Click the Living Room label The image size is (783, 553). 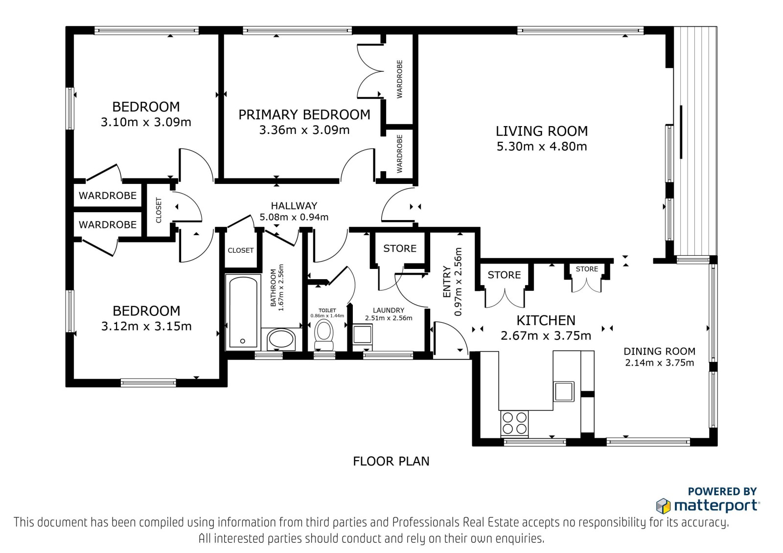click(x=542, y=131)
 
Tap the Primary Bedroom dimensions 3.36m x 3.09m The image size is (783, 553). click(x=304, y=130)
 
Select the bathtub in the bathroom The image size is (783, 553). click(x=243, y=312)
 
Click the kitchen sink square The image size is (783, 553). click(x=563, y=391)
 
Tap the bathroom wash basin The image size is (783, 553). click(x=281, y=340)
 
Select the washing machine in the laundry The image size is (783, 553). click(x=362, y=334)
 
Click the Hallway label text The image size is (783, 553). click(x=294, y=205)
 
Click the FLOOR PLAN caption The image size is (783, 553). click(x=391, y=462)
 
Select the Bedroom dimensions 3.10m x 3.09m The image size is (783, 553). click(x=146, y=122)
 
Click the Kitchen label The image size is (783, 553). click(x=546, y=320)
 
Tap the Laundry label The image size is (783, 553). click(x=389, y=310)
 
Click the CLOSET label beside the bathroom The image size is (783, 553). click(x=240, y=250)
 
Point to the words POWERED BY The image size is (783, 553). click(x=722, y=491)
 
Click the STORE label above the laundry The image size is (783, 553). click(x=400, y=248)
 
